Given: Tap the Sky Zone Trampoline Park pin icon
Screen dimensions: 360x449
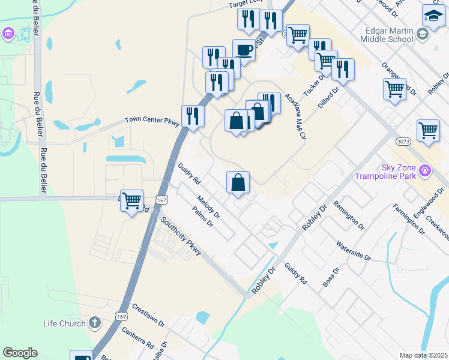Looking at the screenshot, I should [426, 171].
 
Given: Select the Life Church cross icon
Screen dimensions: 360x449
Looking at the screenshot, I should [94, 323].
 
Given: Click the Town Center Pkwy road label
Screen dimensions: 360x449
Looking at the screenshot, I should [152, 121].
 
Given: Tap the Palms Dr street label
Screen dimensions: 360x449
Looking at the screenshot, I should [203, 217].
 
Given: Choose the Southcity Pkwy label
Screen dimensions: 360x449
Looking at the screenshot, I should [181, 236].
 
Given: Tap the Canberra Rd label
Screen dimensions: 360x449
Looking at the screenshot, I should [137, 338].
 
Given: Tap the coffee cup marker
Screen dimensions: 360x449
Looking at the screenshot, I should [244, 50].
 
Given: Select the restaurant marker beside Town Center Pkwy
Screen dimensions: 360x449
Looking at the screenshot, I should [193, 115].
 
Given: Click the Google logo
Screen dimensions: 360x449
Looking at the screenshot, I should [20, 353].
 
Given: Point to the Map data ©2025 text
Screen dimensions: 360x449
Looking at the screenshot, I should [423, 355].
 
